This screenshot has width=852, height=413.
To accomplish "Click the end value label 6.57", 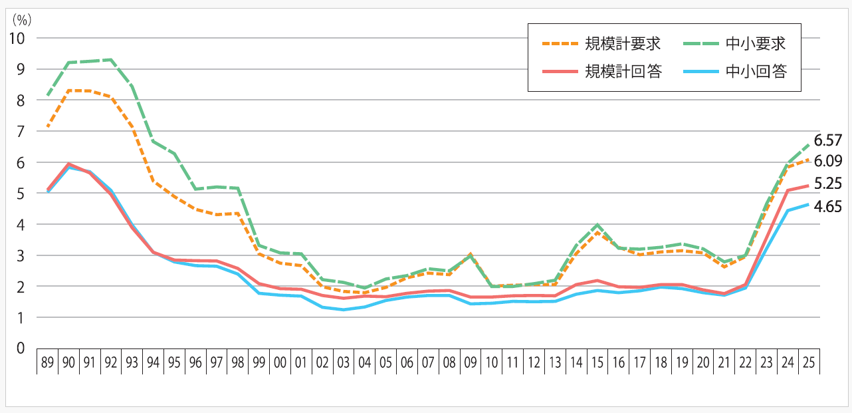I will pos(827,140).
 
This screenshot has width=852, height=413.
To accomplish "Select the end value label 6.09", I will pos(827,162).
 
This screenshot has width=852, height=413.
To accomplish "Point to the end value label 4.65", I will pos(827,206).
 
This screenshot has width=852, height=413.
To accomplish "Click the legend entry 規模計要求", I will pos(623,44).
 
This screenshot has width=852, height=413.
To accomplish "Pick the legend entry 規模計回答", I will pos(623,71).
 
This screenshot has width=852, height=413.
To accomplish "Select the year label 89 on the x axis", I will pos(47,363).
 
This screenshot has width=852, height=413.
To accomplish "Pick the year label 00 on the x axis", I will pos(280,363).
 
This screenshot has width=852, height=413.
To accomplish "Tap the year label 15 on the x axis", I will pos(598,363).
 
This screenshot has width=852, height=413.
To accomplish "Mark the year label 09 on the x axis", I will pos(471,363).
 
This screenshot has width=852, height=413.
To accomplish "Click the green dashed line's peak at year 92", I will pos(111,60).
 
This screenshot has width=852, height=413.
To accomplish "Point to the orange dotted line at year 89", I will pos(47,126).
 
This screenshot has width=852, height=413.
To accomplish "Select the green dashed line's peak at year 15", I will pos(598,225).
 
